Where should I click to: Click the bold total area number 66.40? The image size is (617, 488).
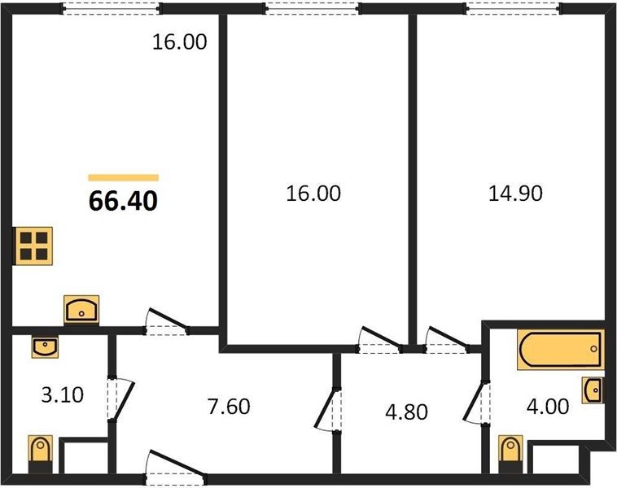[123, 201]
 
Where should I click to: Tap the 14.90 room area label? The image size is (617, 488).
[515, 194]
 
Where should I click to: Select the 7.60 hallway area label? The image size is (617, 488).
[229, 406]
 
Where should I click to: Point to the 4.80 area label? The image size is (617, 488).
[406, 412]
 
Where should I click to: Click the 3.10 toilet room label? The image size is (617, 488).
[62, 394]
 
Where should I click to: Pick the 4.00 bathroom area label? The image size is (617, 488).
[547, 406]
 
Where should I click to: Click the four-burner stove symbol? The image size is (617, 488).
[33, 246]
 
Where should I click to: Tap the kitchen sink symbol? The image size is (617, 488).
[81, 310]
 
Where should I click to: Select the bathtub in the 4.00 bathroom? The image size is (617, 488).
[561, 350]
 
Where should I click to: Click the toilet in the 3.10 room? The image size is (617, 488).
[40, 454]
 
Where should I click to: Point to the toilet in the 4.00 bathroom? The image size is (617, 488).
[510, 454]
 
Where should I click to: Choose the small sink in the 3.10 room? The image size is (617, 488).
[45, 347]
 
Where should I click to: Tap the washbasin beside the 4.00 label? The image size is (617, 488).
[593, 390]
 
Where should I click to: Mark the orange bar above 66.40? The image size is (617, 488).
[123, 178]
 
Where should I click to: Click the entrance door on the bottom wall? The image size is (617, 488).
[176, 465]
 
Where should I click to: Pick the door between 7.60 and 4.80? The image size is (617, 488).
[327, 410]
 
